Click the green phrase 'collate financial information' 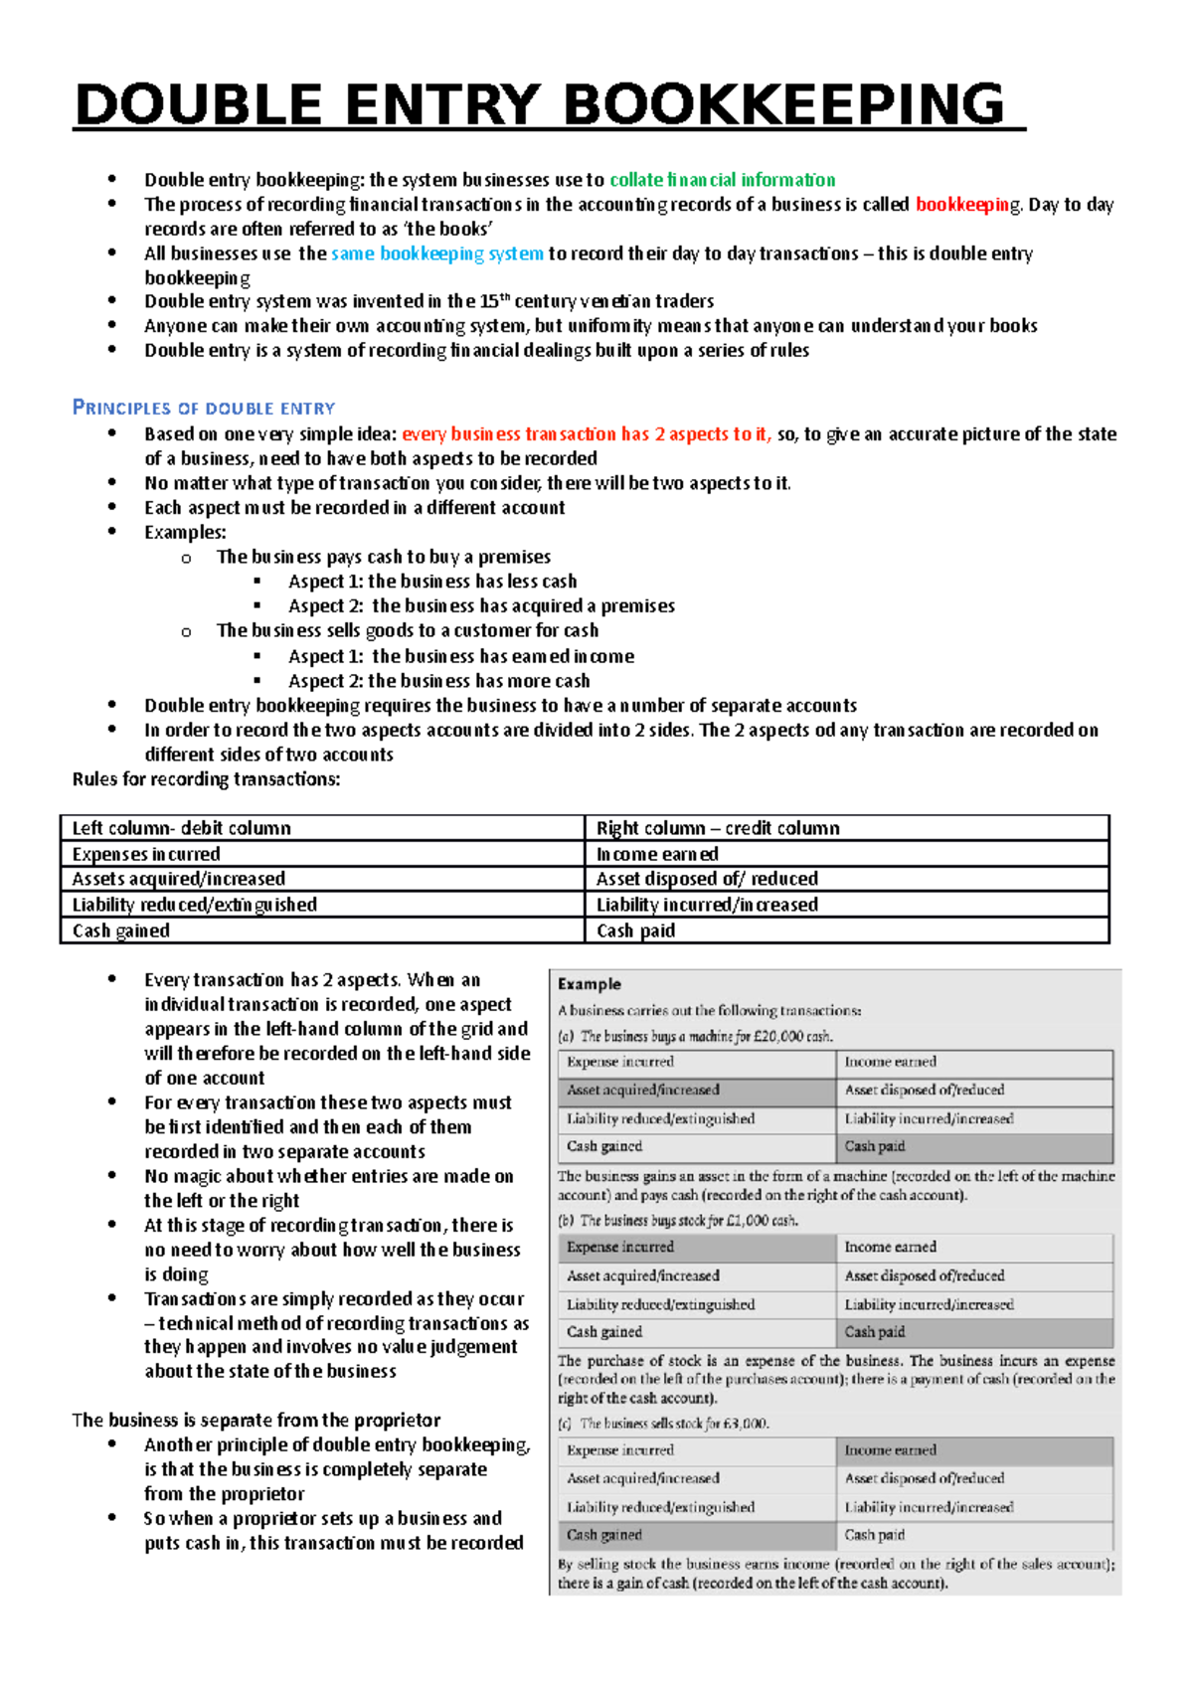pyautogui.click(x=722, y=180)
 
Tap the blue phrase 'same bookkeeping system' pyautogui.click(x=437, y=253)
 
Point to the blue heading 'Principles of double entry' pyautogui.click(x=204, y=408)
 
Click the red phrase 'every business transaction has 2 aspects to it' pyautogui.click(x=586, y=434)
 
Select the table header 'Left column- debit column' pyautogui.click(x=182, y=828)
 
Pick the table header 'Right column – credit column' pyautogui.click(x=717, y=828)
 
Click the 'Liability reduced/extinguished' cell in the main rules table pyautogui.click(x=195, y=905)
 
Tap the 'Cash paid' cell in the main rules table pyautogui.click(x=635, y=931)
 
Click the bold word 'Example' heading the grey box pyautogui.click(x=590, y=984)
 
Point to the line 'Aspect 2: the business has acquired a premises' pyautogui.click(x=481, y=606)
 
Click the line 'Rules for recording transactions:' pyautogui.click(x=206, y=779)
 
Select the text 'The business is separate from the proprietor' pyautogui.click(x=256, y=1421)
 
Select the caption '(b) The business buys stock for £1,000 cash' pyautogui.click(x=678, y=1221)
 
